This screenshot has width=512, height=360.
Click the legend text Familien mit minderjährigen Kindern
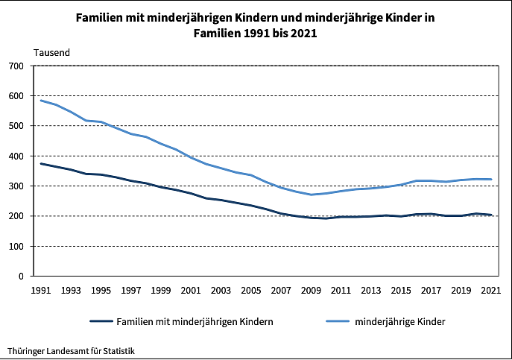tap(195, 321)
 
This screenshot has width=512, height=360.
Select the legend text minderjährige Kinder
tap(399, 321)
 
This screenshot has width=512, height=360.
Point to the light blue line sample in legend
tap(339, 321)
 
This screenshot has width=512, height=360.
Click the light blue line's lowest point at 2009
tap(311, 195)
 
